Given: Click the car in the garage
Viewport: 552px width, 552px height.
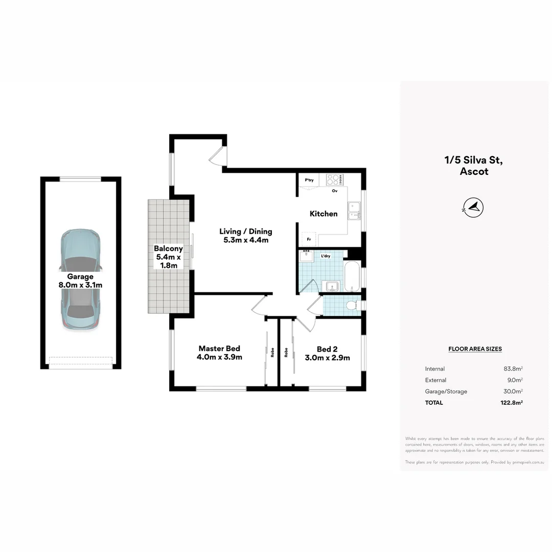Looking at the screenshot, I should tap(80, 279).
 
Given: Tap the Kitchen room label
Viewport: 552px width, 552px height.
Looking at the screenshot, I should tap(324, 214).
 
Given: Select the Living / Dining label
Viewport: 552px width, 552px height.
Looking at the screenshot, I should tap(245, 236).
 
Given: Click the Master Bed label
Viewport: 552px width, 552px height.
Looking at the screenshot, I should tap(219, 353).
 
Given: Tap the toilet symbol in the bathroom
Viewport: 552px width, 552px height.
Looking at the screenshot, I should tap(352, 306).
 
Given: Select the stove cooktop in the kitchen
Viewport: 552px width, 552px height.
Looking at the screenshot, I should tap(335, 179).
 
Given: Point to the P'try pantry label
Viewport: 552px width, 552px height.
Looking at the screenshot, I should tap(309, 180).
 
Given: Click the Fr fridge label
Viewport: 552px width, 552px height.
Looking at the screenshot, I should tap(309, 239).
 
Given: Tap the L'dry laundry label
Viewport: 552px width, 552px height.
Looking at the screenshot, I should tap(325, 256).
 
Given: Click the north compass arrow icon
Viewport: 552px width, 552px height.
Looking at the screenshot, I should tap(474, 207).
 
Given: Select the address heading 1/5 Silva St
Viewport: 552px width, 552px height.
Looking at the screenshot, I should tap(474, 160).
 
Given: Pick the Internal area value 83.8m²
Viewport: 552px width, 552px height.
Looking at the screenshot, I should tap(513, 369).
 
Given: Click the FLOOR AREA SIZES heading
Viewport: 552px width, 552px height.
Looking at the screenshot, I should tap(475, 349).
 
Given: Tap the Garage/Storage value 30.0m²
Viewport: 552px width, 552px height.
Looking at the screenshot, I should tap(513, 392).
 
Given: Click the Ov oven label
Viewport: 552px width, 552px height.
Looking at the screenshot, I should tap(335, 191).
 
